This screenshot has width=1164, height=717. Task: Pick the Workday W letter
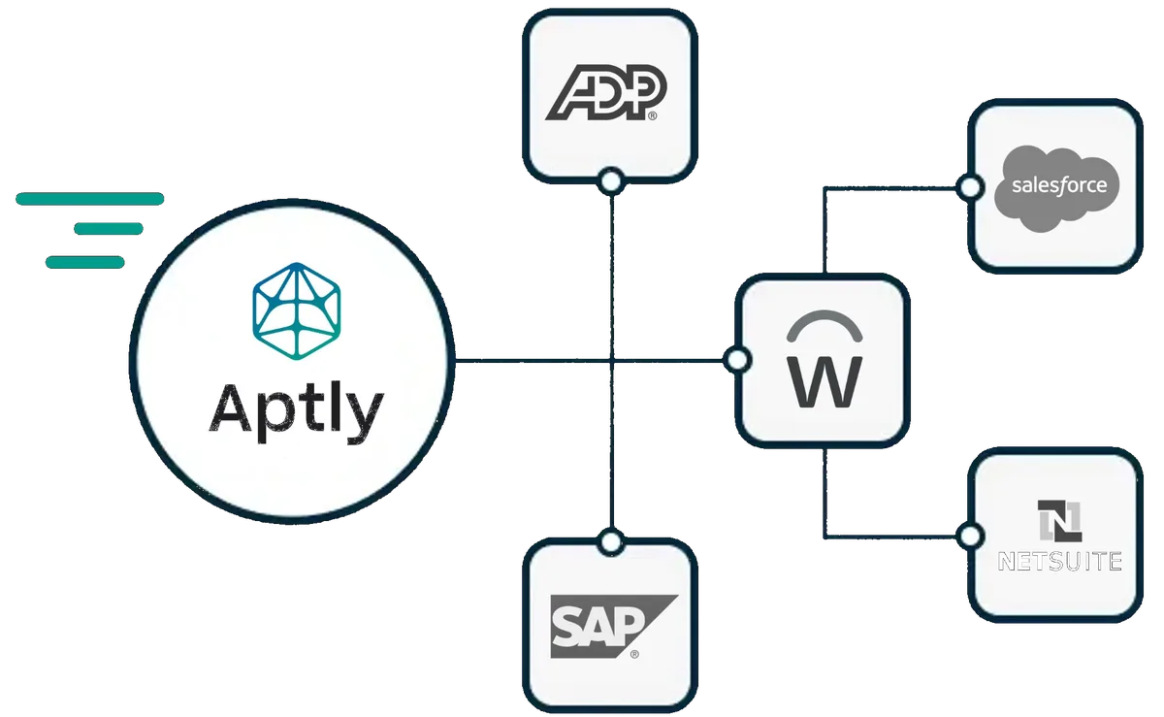coord(824,383)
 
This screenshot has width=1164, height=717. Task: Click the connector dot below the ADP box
coord(610,179)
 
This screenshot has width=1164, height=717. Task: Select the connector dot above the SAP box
coord(610,542)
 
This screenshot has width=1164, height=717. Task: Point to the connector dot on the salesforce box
coord(969,188)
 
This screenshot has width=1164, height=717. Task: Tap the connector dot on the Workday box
coord(738,361)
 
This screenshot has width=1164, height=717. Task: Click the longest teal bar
coord(89,200)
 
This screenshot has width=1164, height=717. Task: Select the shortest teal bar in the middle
coord(109,230)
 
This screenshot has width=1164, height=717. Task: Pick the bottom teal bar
coord(84,262)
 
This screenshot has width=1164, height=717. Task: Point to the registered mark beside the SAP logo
coord(634,654)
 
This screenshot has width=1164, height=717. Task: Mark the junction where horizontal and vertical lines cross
coord(610,362)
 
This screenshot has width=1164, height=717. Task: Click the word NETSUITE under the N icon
coord(1059,560)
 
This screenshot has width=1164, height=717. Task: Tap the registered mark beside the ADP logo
coord(652,115)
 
